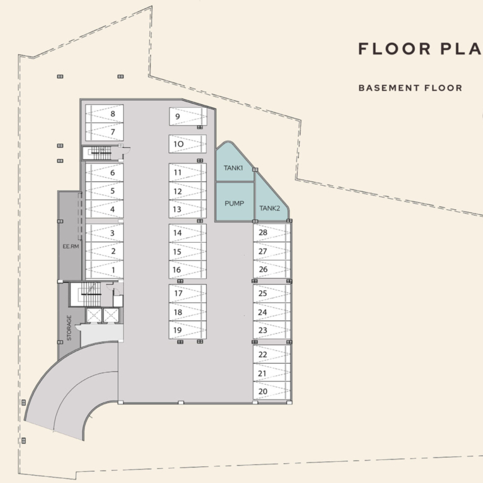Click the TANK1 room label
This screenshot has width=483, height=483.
[x=233, y=168]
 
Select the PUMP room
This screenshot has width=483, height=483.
[x=235, y=202]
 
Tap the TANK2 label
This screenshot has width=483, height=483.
[x=269, y=208]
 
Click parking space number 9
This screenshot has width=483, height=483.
[x=188, y=116]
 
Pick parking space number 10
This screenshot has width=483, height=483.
[x=188, y=144]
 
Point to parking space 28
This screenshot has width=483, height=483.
[x=272, y=233]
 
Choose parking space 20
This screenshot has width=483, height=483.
[x=272, y=391]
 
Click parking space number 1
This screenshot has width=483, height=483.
[x=105, y=270]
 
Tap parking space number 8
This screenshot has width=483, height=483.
[x=105, y=114]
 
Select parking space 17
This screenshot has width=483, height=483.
[x=188, y=294]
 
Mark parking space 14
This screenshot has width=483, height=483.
[x=188, y=233]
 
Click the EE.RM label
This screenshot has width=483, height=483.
[x=71, y=246]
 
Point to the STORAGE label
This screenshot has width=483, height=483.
[x=69, y=328]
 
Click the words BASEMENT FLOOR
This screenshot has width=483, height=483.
[x=411, y=88]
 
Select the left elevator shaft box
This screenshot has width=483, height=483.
[x=94, y=315]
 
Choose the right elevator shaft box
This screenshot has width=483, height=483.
[x=111, y=315]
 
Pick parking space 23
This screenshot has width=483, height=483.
[x=272, y=330]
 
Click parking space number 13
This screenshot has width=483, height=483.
[x=188, y=209]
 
